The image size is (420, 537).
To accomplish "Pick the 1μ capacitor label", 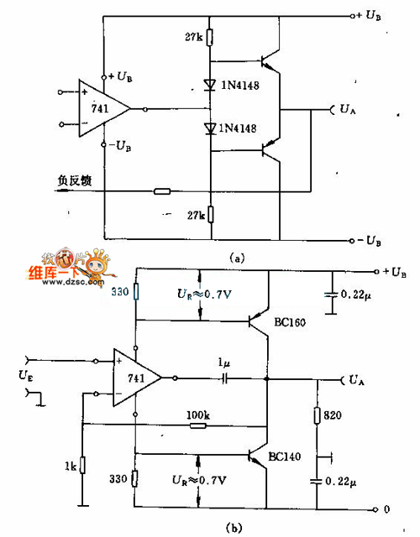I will point(223,362).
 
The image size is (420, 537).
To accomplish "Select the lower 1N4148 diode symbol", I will point(211,128).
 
